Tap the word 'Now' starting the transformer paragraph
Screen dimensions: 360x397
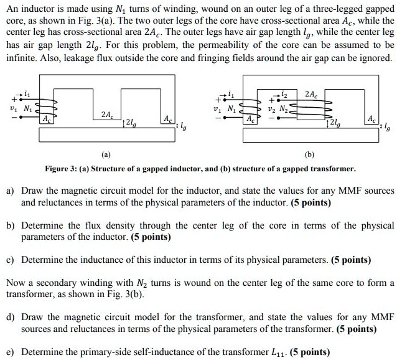point(16,283)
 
